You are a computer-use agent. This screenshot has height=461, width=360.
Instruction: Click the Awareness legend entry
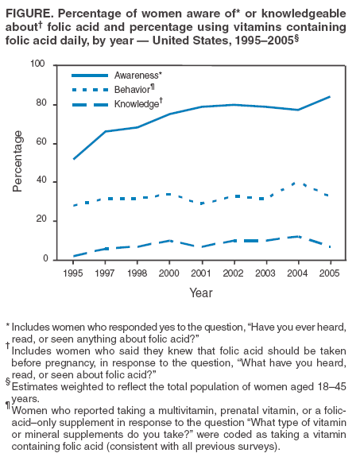coord(137,75)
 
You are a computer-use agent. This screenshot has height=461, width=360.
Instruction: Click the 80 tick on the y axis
coord(51,104)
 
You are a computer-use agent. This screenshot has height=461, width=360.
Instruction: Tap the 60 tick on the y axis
coord(51,143)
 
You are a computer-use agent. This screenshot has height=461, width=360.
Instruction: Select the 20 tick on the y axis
coord(51,220)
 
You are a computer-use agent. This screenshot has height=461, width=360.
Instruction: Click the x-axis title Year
coord(200,292)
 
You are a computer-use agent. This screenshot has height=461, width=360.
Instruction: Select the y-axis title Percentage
coord(18,162)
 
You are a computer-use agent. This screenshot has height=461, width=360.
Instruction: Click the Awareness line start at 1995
coord(73,159)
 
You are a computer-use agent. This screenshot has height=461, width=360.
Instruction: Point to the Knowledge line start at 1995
coord(73,256)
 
